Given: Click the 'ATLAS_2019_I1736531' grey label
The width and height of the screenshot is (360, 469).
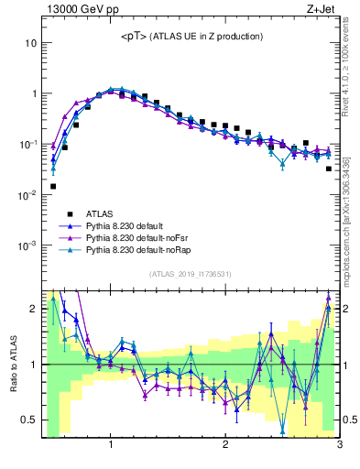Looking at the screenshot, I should point(191,274).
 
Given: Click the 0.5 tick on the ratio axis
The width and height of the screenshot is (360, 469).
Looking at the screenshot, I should point(29,420).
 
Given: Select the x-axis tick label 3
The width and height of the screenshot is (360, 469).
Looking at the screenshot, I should point(339,446).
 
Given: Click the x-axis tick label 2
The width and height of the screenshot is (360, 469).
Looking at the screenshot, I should point(225,446).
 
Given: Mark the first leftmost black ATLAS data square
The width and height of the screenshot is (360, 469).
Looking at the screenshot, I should point(53,186).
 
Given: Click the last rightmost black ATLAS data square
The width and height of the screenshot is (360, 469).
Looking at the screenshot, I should point(329,169).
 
